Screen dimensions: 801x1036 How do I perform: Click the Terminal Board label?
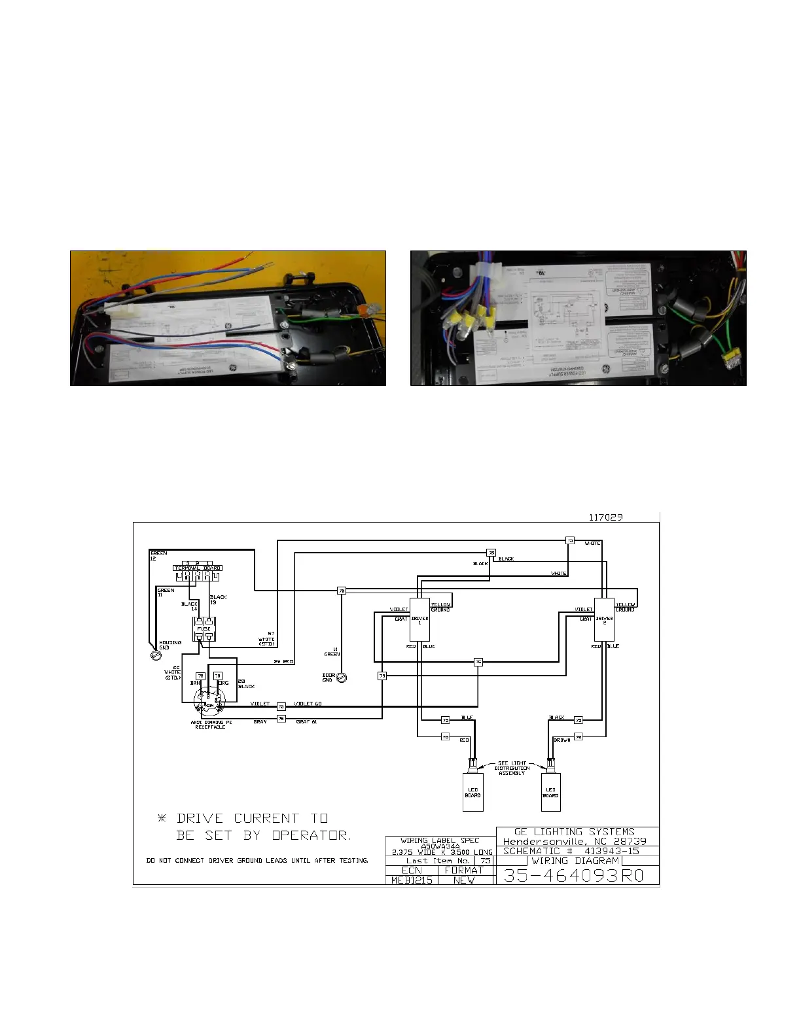(198, 568)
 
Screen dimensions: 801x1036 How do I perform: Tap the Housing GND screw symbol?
(156, 653)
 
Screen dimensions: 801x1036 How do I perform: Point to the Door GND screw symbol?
(341, 678)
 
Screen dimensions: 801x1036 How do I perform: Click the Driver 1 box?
(419, 619)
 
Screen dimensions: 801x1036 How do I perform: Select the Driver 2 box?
(604, 619)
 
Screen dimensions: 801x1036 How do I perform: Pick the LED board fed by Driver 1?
(472, 792)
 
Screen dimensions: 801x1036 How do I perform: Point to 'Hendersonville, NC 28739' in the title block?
(574, 841)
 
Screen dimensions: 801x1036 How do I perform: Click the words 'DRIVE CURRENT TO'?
(252, 818)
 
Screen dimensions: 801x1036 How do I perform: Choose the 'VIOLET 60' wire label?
(308, 704)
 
